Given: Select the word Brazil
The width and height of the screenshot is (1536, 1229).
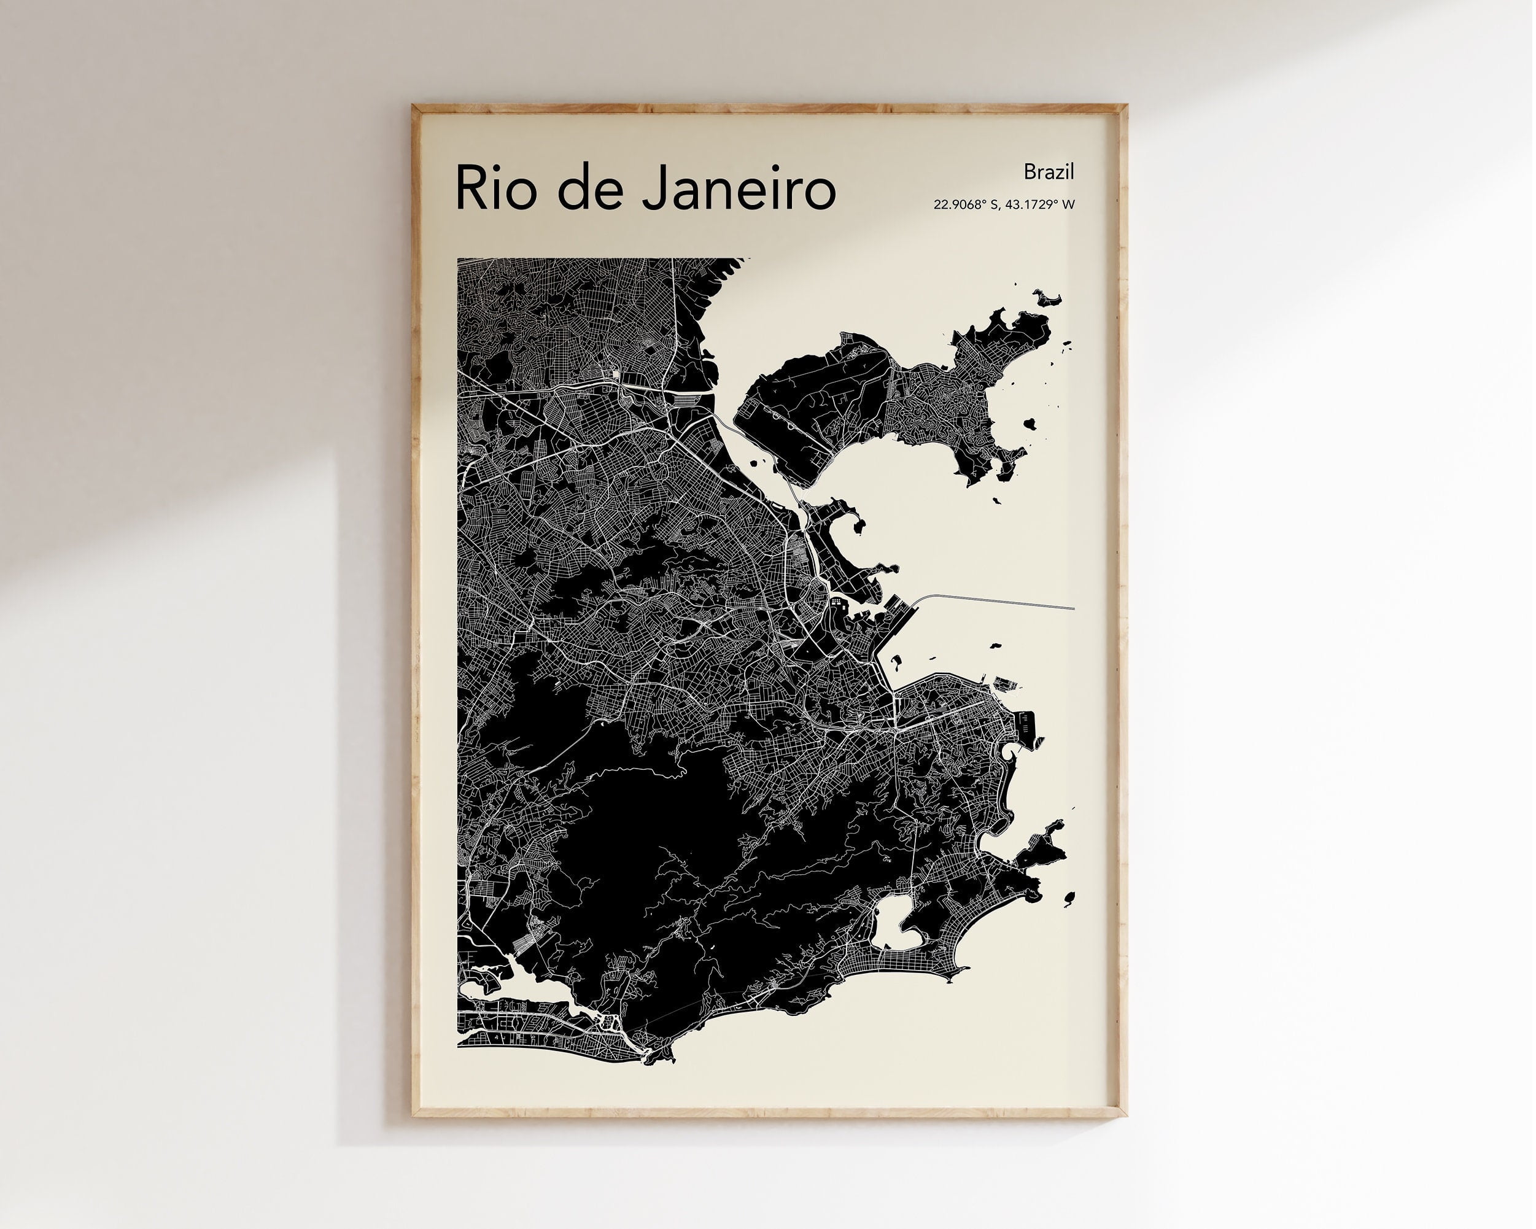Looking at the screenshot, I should pyautogui.click(x=1048, y=172).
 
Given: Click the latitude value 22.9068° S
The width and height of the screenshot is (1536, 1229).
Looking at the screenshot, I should pyautogui.click(x=964, y=205).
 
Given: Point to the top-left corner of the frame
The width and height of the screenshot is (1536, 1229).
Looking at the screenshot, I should pyautogui.click(x=414, y=107).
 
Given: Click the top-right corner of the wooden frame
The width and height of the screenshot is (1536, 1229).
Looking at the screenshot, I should pyautogui.click(x=1126, y=107).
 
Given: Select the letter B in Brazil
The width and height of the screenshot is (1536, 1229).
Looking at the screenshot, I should pyautogui.click(x=1030, y=172).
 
